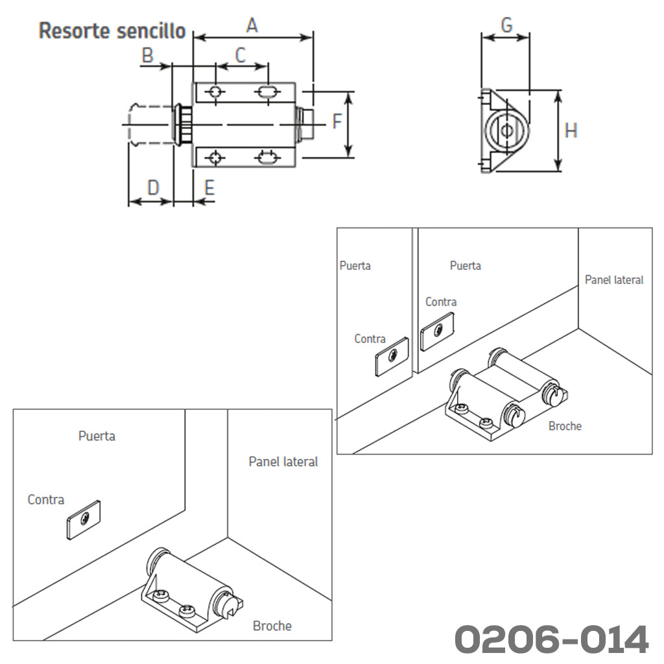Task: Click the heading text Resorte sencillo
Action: click(112, 30)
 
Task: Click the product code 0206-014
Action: click(551, 639)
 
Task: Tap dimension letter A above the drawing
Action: click(252, 25)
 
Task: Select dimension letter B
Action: click(148, 55)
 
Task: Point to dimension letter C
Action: click(241, 55)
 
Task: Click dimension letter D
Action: click(153, 188)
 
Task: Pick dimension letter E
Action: click(209, 188)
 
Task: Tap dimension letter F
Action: click(337, 121)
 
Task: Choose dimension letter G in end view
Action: click(506, 25)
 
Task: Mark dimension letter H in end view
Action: click(571, 131)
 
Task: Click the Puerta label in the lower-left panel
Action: click(97, 436)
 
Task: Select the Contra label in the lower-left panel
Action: click(46, 500)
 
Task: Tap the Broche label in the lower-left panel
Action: click(272, 626)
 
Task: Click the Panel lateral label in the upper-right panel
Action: click(613, 279)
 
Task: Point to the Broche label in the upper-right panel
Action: click(565, 426)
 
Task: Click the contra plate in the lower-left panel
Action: click(84, 519)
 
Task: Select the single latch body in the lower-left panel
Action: click(191, 584)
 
